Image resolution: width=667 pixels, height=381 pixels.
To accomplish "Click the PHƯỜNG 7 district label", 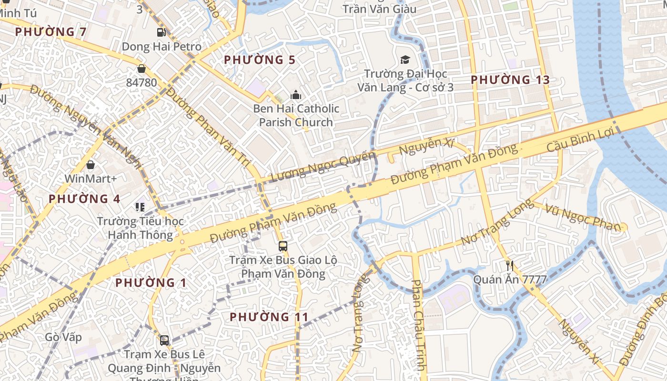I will (51, 32).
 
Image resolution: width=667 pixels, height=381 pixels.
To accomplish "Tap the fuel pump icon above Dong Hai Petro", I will (162, 32).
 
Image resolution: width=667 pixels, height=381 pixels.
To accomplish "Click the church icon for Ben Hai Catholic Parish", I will (296, 95).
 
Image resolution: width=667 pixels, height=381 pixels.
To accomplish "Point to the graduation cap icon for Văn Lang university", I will (405, 60).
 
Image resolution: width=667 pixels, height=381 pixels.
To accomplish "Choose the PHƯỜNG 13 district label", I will (510, 80).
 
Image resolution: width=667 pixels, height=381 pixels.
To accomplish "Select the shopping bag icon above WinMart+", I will (91, 165).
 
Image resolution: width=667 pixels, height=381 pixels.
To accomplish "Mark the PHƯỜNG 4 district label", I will (84, 199).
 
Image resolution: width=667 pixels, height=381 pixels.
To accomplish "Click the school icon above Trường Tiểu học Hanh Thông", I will (140, 207).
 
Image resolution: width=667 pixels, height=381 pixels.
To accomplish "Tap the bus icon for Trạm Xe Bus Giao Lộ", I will (283, 246).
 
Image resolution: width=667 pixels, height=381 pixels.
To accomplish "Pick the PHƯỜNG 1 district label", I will (152, 282).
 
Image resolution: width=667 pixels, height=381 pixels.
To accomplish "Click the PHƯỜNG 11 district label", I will (269, 317).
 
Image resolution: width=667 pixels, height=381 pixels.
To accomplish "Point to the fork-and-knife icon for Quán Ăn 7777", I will (510, 265).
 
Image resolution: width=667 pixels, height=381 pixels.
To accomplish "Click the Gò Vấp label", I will (63, 337).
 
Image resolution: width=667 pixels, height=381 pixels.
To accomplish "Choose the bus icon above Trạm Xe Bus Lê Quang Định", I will (164, 341).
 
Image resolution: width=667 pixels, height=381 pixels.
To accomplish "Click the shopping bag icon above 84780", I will (141, 69).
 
